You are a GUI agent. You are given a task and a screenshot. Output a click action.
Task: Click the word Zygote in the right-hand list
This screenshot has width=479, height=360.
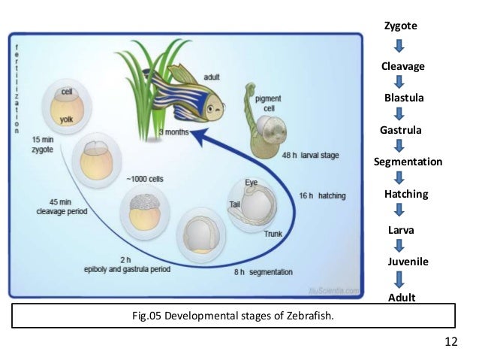(400, 26)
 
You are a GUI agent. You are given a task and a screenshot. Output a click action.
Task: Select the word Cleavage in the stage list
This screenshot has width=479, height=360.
(402, 67)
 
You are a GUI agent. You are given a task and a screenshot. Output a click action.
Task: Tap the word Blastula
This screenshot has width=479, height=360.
(404, 98)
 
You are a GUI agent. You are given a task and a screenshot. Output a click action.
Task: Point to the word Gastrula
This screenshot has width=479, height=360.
(401, 130)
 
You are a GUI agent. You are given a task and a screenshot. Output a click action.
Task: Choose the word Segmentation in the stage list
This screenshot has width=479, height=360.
(408, 162)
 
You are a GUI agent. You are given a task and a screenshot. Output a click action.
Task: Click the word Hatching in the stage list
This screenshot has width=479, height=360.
(405, 194)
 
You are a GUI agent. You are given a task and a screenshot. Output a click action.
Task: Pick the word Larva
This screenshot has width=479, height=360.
(402, 228)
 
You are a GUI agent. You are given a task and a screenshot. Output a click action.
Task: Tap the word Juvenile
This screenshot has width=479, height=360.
(407, 262)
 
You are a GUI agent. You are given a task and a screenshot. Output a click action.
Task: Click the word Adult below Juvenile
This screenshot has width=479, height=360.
(402, 298)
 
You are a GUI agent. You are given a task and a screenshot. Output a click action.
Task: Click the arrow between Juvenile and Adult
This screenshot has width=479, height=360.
(400, 280)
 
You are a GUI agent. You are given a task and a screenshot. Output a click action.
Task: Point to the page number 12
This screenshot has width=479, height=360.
(450, 342)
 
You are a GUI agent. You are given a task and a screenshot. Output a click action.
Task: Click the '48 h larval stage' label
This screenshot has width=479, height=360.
(310, 156)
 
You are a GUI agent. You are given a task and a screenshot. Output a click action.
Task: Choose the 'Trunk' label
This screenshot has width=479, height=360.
(273, 234)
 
